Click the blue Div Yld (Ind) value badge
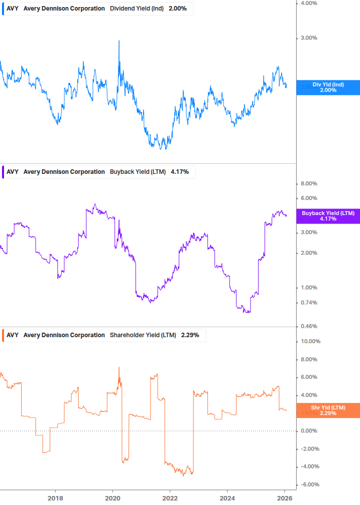click(x=328, y=87)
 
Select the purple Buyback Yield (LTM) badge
click(x=328, y=216)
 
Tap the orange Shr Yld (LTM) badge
click(x=328, y=410)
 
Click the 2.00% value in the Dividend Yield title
click(x=177, y=9)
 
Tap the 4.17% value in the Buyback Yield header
click(x=180, y=172)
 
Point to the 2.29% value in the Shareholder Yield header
click(x=189, y=335)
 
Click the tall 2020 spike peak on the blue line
click(x=119, y=41)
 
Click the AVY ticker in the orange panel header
click(x=13, y=335)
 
